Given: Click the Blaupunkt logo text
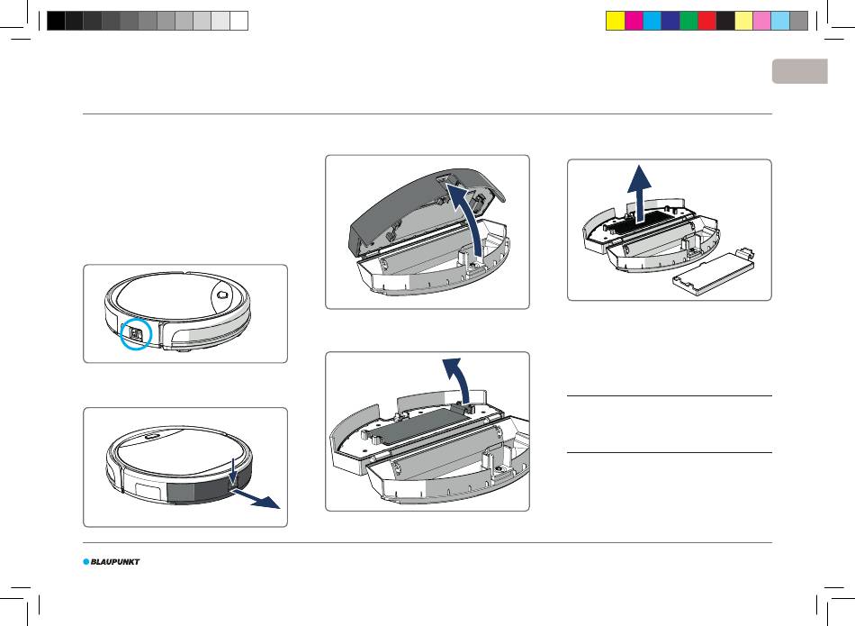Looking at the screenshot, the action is pyautogui.click(x=115, y=562).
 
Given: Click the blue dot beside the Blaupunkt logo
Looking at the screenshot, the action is pyautogui.click(x=86, y=562).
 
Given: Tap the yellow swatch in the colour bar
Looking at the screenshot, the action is pyautogui.click(x=616, y=21).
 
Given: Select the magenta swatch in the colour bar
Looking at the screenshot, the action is pyautogui.click(x=634, y=21).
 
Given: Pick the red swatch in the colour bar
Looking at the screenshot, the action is pyautogui.click(x=707, y=21).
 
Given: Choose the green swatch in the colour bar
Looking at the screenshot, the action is pyautogui.click(x=688, y=21).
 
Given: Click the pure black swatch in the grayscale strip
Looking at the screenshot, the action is pyautogui.click(x=56, y=21).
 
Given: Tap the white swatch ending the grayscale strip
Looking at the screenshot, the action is pyautogui.click(x=238, y=21).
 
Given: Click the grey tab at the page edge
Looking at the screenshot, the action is pyautogui.click(x=800, y=71).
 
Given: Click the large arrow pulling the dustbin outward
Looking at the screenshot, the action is pyautogui.click(x=256, y=498).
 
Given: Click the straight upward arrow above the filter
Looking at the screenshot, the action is pyautogui.click(x=639, y=193).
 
